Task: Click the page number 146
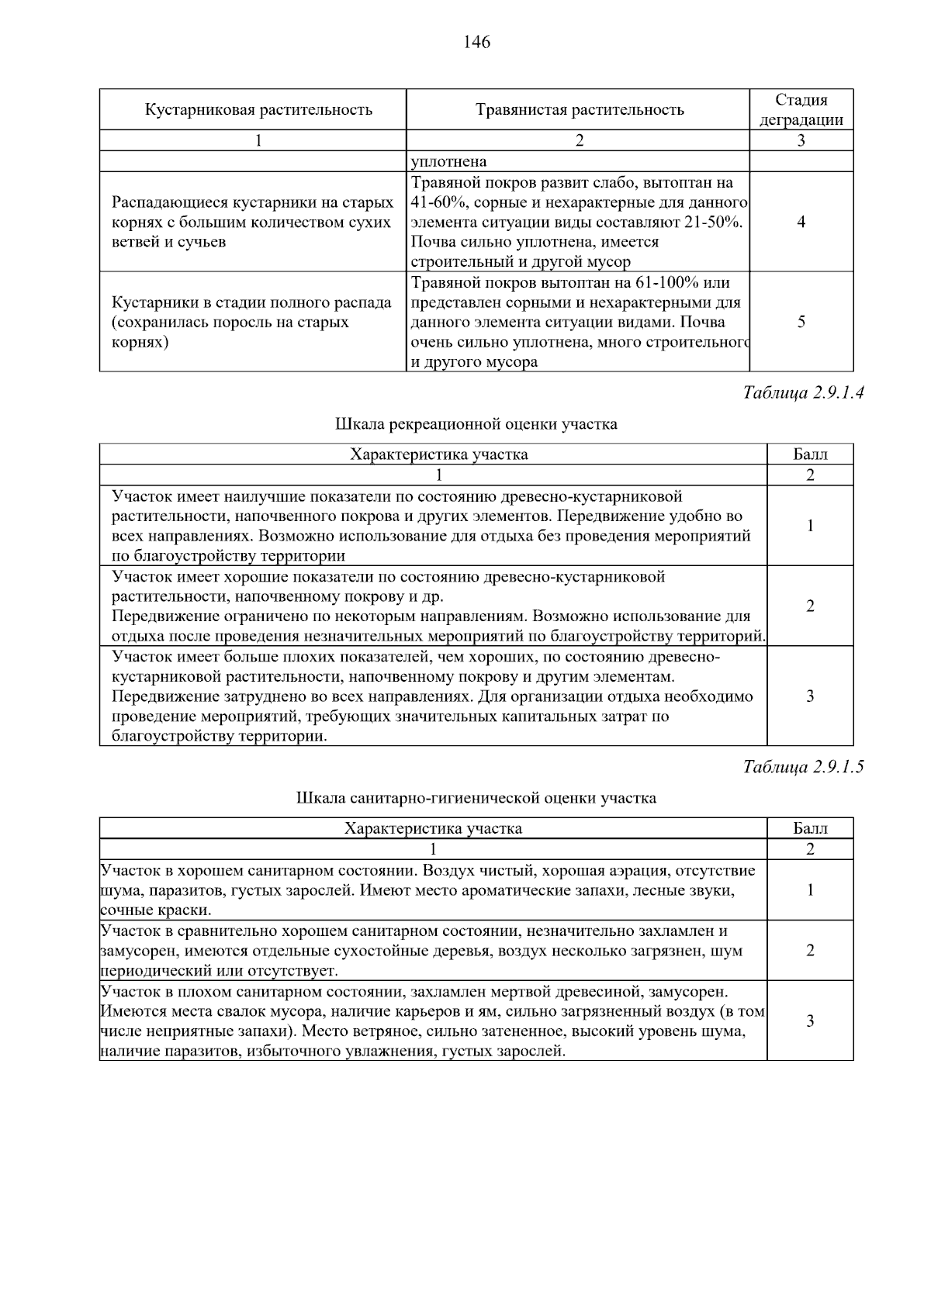click(476, 42)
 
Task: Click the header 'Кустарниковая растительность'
click(258, 109)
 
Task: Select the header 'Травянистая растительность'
click(579, 109)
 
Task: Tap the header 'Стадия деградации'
click(801, 109)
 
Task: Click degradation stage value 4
click(801, 222)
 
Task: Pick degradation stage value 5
click(801, 322)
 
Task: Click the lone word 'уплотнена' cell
click(449, 161)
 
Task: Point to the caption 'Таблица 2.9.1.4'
click(803, 392)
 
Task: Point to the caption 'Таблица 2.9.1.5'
click(803, 767)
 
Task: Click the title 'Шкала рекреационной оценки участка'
click(476, 424)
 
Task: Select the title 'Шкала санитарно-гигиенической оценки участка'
click(476, 798)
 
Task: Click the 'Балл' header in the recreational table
click(810, 454)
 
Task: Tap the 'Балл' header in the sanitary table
click(810, 828)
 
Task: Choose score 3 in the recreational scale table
click(810, 696)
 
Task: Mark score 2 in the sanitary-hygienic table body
click(810, 950)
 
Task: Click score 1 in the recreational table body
click(810, 526)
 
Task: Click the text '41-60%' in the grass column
click(437, 202)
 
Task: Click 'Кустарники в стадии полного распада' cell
click(252, 302)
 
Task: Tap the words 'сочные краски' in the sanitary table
click(155, 910)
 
